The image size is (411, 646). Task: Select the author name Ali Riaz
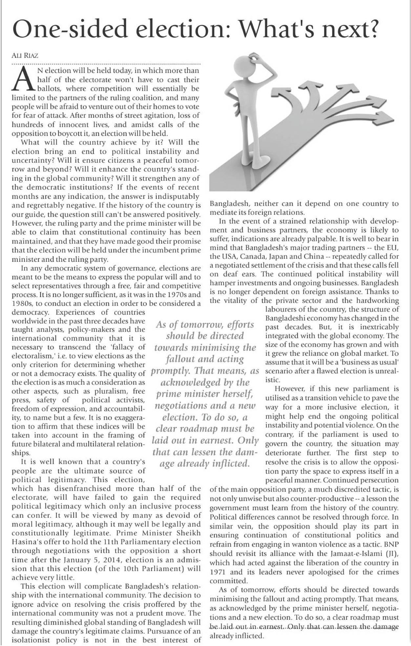click(25, 55)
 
